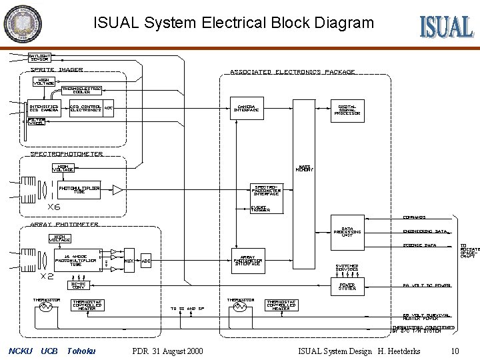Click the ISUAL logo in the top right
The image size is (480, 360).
tap(446, 26)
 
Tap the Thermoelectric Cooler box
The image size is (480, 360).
tap(81, 91)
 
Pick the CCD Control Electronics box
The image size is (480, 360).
tap(85, 108)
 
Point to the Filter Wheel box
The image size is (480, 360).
tap(37, 122)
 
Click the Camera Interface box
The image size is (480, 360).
tap(247, 109)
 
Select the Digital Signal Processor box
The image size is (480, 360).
tap(347, 110)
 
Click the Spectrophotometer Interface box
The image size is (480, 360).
tap(266, 190)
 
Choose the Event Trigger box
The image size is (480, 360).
tap(259, 208)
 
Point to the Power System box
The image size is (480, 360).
tap(347, 287)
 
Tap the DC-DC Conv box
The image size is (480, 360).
tap(79, 285)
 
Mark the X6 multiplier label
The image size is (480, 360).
tap(44, 207)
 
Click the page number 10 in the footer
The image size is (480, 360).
tap(455, 351)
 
